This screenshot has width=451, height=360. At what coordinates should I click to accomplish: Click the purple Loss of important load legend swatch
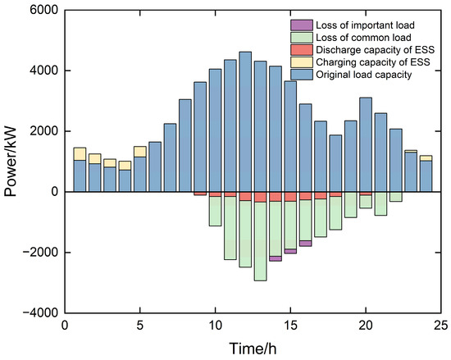(302, 25)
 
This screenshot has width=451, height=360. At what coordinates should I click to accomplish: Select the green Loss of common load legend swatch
(302, 38)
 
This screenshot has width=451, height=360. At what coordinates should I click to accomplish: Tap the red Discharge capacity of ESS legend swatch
(302, 50)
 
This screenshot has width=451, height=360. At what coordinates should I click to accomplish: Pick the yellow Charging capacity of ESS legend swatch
(302, 62)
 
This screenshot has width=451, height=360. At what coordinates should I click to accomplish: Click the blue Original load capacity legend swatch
(302, 75)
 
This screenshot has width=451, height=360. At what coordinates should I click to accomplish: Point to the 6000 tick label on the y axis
(43, 11)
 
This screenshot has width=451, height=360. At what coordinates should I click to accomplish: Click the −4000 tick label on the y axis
(40, 312)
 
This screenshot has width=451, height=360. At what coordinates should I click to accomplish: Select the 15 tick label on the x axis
(290, 326)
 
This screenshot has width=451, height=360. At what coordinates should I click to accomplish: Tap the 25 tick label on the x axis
(440, 326)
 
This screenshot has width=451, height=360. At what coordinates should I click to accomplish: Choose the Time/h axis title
(253, 349)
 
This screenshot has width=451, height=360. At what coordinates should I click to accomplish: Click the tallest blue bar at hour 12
(245, 121)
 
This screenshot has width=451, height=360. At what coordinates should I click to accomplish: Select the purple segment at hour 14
(276, 258)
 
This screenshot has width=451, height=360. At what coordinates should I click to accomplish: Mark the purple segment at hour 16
(306, 244)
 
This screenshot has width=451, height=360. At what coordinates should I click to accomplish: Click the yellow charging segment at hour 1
(80, 154)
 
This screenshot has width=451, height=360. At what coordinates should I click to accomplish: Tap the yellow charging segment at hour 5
(140, 152)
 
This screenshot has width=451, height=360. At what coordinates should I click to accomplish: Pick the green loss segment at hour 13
(260, 241)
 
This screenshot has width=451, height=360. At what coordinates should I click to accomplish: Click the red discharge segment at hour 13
(260, 197)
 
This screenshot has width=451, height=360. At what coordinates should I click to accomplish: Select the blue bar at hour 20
(366, 144)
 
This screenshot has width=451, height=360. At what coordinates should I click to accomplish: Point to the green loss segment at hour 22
(396, 197)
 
